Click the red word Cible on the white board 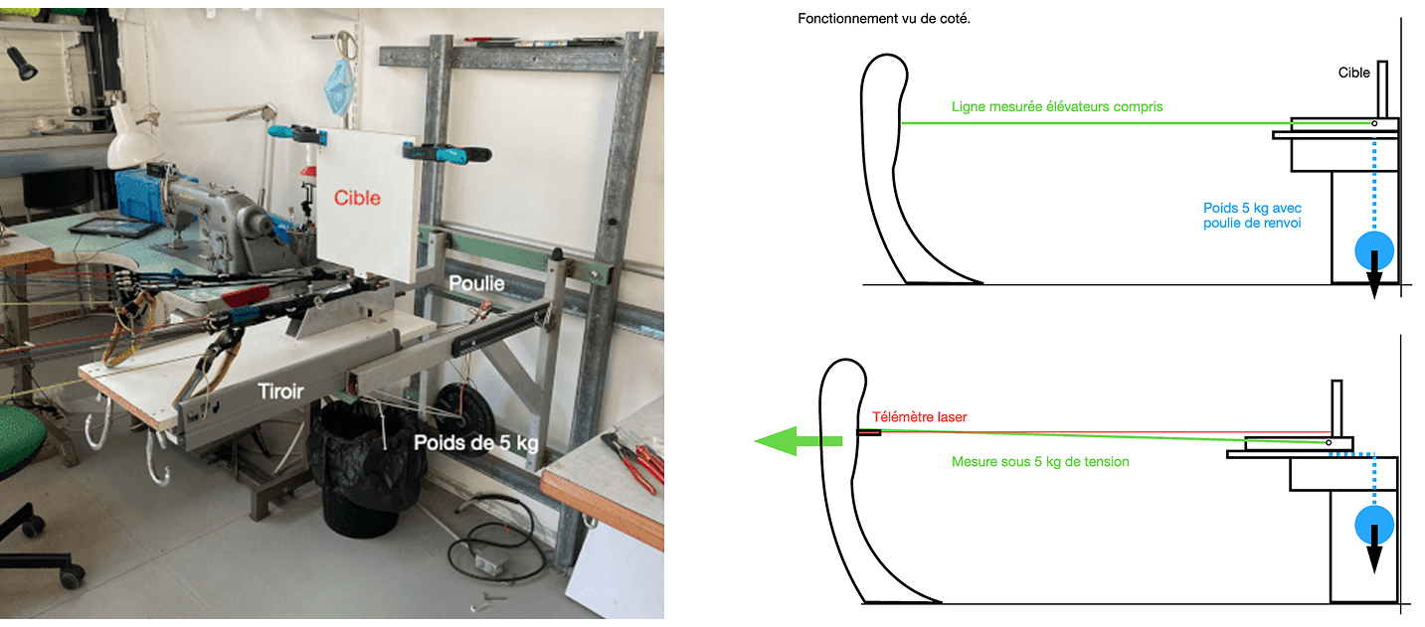[357, 197]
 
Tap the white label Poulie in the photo [475, 283]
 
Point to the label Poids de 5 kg [475, 443]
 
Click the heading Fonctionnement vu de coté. [884, 19]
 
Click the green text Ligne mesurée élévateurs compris [1056, 106]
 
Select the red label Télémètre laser [919, 417]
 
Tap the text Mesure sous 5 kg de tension [1040, 462]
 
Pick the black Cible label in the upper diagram [1352, 73]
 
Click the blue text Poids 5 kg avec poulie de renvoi [1252, 216]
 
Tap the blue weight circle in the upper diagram [1375, 249]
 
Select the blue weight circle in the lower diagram [1374, 524]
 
